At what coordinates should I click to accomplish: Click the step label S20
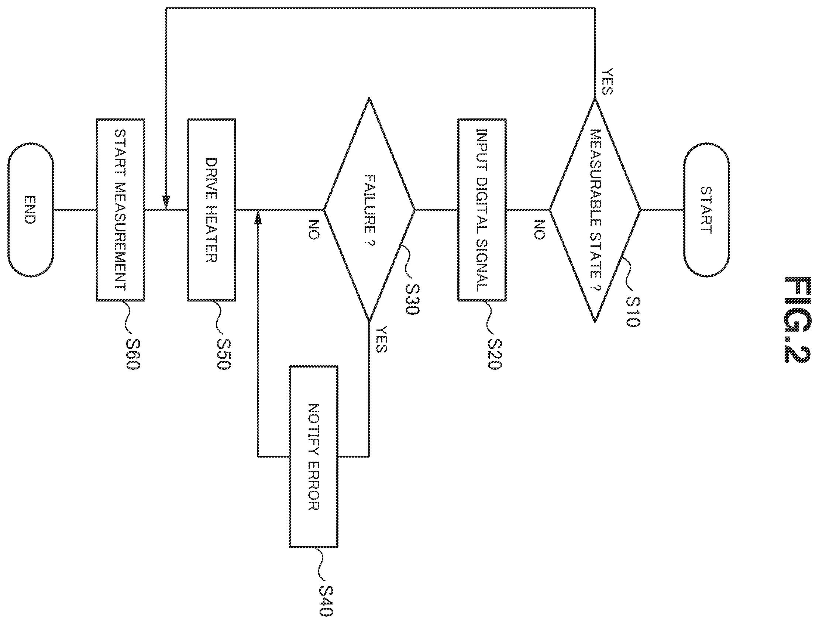[494, 354]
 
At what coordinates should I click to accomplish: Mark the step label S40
[326, 600]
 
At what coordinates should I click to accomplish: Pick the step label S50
[224, 354]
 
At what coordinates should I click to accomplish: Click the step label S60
[133, 354]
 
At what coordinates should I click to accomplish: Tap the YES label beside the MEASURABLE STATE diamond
[607, 82]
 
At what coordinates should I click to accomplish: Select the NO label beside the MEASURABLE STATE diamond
[539, 230]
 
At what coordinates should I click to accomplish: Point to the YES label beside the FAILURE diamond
[381, 339]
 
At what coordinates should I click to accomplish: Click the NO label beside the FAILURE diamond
[313, 230]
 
